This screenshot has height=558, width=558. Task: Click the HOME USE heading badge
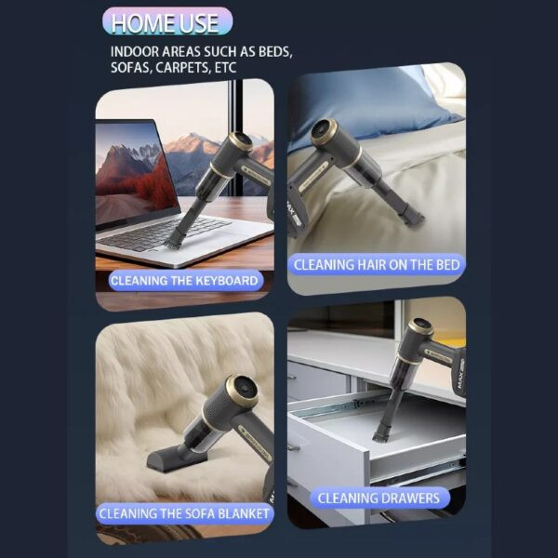click(167, 22)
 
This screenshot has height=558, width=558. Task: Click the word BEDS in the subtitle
click(275, 52)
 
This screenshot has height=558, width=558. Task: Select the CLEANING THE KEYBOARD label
click(185, 281)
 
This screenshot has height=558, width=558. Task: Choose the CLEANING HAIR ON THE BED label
click(377, 265)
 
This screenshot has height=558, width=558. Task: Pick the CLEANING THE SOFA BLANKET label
click(184, 514)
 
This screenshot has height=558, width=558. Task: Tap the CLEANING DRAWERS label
click(379, 498)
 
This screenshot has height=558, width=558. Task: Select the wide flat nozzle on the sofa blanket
click(175, 460)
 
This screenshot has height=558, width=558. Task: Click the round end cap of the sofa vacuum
click(242, 388)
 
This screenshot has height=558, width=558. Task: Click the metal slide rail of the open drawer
click(339, 405)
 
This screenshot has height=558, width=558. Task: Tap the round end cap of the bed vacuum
click(323, 132)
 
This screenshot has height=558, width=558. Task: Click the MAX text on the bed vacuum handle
click(291, 213)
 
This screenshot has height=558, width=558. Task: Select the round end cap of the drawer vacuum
click(420, 328)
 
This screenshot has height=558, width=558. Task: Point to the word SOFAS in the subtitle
click(130, 68)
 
